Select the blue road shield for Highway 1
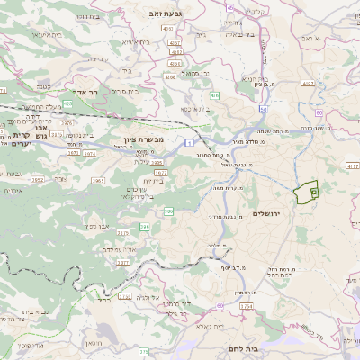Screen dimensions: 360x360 (x=190, y=143)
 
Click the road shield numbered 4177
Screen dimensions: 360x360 (x=351, y=166)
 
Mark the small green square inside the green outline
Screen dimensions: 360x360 (x=313, y=192)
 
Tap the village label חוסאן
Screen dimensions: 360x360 (x=94, y=343)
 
